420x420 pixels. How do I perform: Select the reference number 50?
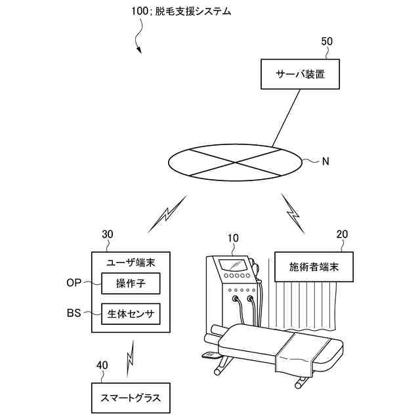point(326,41)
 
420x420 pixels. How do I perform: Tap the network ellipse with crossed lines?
point(236,160)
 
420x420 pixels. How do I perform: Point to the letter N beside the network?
point(325,160)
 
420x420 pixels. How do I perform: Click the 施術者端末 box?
point(314,268)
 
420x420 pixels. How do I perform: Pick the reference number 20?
point(342,234)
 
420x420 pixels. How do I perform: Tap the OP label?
point(74,283)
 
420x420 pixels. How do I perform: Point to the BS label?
point(73,314)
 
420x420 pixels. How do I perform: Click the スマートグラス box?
point(130,398)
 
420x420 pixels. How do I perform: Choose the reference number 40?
point(102,365)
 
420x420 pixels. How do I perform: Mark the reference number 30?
point(108,234)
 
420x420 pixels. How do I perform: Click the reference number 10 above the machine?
point(234,238)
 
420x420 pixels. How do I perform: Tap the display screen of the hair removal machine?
point(234,265)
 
